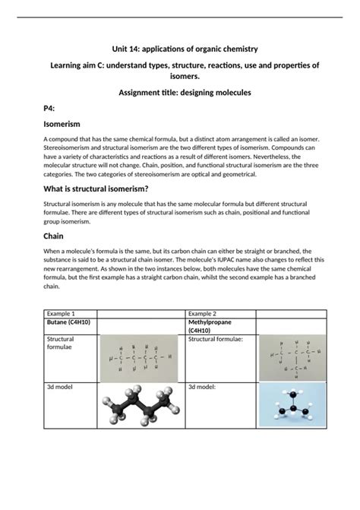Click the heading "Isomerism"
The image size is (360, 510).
(46, 123)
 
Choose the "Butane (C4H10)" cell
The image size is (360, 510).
(69, 322)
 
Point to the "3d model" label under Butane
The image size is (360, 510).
(61, 387)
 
